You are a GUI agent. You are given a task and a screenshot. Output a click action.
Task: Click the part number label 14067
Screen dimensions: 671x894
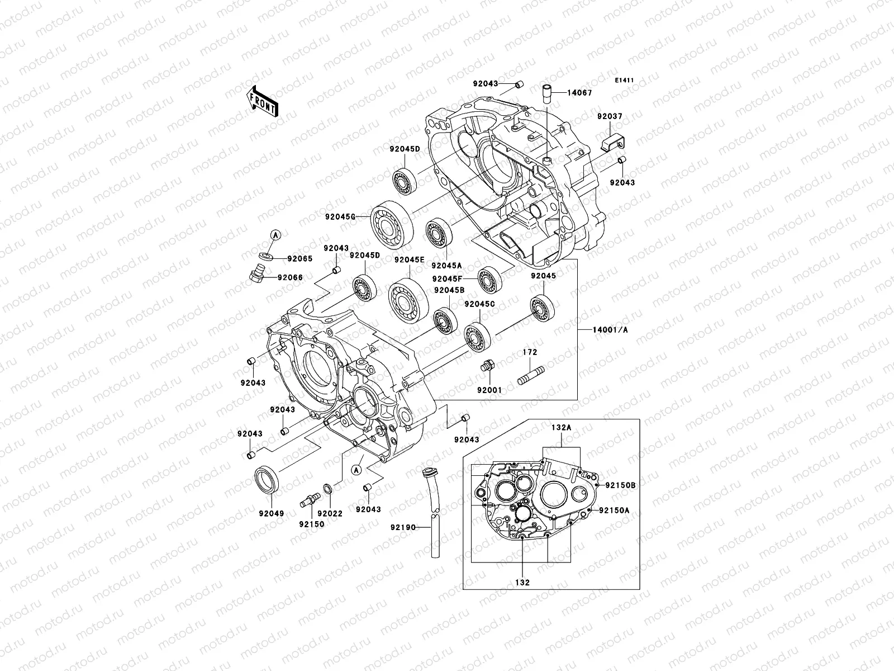(580, 93)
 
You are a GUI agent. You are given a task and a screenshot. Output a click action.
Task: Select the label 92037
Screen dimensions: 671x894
(609, 116)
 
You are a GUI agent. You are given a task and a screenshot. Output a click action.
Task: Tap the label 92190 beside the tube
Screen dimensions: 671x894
(404, 527)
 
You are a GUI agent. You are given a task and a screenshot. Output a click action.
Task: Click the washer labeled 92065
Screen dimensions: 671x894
(268, 258)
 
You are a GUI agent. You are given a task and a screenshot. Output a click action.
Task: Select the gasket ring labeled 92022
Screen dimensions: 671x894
(329, 490)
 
